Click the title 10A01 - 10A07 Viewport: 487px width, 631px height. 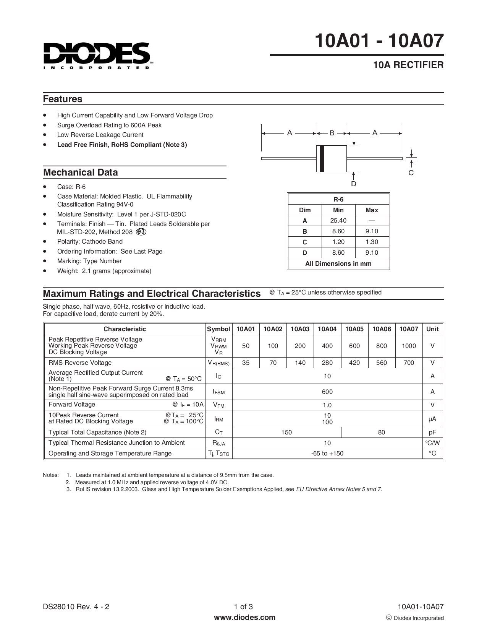[380, 41]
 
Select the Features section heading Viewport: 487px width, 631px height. [63, 99]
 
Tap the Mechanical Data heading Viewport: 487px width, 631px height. [81, 172]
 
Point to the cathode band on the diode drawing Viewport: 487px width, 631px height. [322, 158]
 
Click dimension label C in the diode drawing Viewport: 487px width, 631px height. [411, 173]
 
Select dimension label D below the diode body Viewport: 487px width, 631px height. [354, 184]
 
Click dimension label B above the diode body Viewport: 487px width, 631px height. [332, 133]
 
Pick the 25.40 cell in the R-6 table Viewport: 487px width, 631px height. [338, 221]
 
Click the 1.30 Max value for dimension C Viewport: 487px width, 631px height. [372, 242]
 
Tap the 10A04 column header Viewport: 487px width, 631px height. [327, 329]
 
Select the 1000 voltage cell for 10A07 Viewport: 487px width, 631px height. [409, 346]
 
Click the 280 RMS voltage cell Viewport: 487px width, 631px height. [327, 363]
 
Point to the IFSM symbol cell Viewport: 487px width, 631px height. [218, 392]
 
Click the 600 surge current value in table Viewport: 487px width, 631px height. [327, 392]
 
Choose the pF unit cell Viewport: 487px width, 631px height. [432, 432]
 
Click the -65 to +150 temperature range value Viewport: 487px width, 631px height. [327, 454]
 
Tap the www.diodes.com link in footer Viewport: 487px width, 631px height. [244, 617]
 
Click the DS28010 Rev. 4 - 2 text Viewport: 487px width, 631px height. [76, 607]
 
